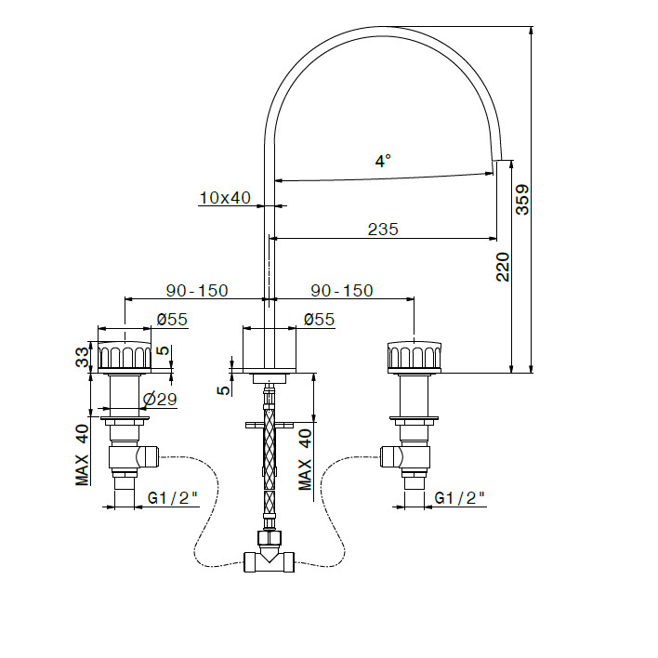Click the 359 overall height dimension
[x=522, y=200]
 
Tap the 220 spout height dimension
[x=503, y=267]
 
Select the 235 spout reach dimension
[x=383, y=230]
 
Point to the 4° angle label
[x=383, y=161]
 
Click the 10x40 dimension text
[x=225, y=198]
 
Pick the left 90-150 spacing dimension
[x=197, y=290]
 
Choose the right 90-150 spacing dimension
[x=342, y=290]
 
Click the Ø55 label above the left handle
[x=172, y=320]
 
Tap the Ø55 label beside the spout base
[x=320, y=320]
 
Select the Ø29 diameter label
[x=160, y=399]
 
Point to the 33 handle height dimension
[x=82, y=357]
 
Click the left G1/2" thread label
[x=173, y=498]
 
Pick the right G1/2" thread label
[x=459, y=498]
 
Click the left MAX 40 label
[x=82, y=455]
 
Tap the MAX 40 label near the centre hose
[x=305, y=459]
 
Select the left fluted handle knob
[x=125, y=357]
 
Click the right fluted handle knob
[x=415, y=357]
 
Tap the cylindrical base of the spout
[x=270, y=350]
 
